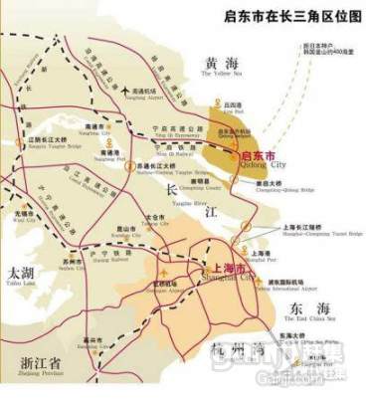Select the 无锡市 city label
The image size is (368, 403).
point(24,212)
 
